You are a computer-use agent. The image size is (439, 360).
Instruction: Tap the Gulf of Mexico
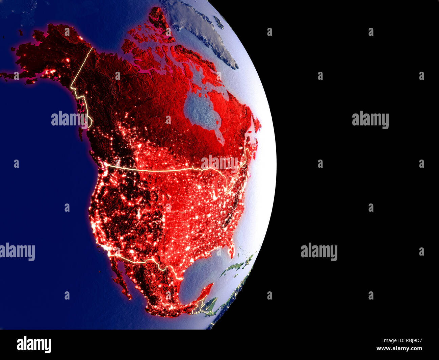pyautogui.click(x=199, y=274)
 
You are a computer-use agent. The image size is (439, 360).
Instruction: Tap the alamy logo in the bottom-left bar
pyautogui.click(x=34, y=344)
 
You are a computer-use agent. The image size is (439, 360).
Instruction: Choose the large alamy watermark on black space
pyautogui.click(x=370, y=120)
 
